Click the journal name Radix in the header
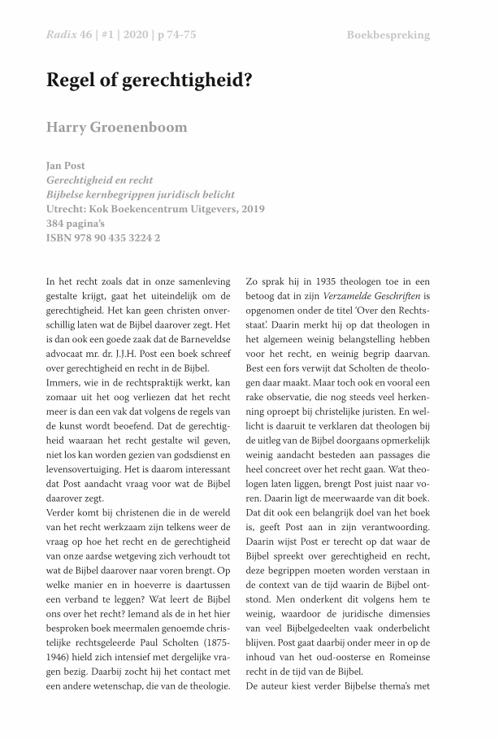click(61, 35)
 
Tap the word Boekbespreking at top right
click(388, 35)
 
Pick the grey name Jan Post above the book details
click(66, 166)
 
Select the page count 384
click(58, 224)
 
